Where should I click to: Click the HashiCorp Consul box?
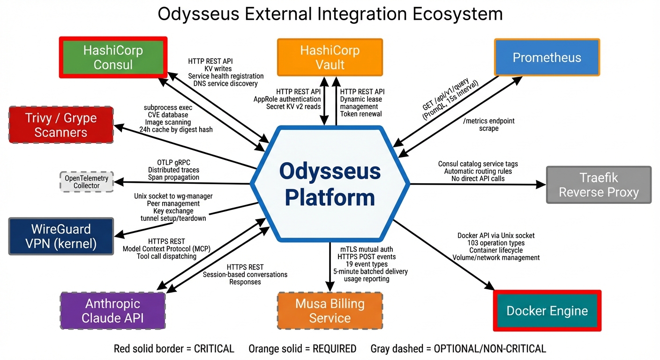[113, 57]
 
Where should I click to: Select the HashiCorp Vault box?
[330, 57]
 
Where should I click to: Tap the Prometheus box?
[547, 58]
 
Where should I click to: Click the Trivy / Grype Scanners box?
[61, 125]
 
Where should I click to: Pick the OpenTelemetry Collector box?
[87, 182]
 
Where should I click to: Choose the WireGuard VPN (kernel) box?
[61, 236]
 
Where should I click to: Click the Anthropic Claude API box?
[112, 311]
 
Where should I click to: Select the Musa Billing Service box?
[330, 311]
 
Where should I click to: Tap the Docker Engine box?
[547, 311]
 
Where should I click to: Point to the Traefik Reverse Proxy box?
[599, 185]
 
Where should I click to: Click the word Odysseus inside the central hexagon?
[330, 171]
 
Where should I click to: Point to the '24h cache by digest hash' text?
[176, 129]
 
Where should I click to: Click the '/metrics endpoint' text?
[488, 121]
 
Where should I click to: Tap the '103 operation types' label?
[496, 243]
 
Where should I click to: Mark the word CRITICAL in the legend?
[214, 349]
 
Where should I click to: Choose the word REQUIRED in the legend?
[335, 349]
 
